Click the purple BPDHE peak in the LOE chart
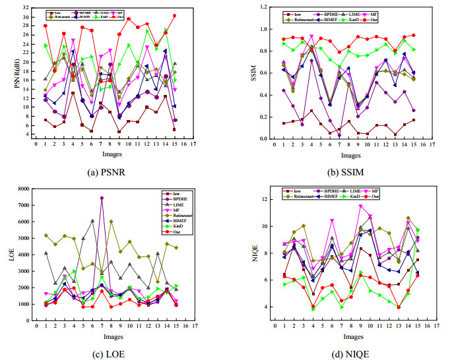102,198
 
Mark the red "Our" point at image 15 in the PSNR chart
174,15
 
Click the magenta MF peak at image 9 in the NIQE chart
360,206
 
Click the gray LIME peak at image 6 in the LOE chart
92,220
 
